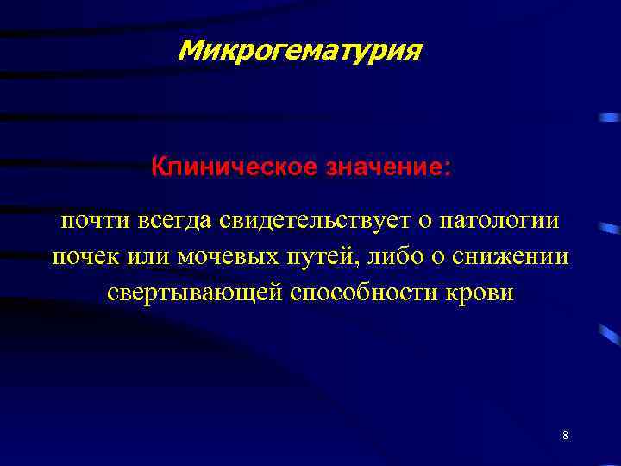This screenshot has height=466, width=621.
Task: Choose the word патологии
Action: [x=499, y=222]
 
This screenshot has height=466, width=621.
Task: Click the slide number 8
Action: [x=565, y=436]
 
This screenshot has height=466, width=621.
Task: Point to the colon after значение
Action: [x=446, y=167]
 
